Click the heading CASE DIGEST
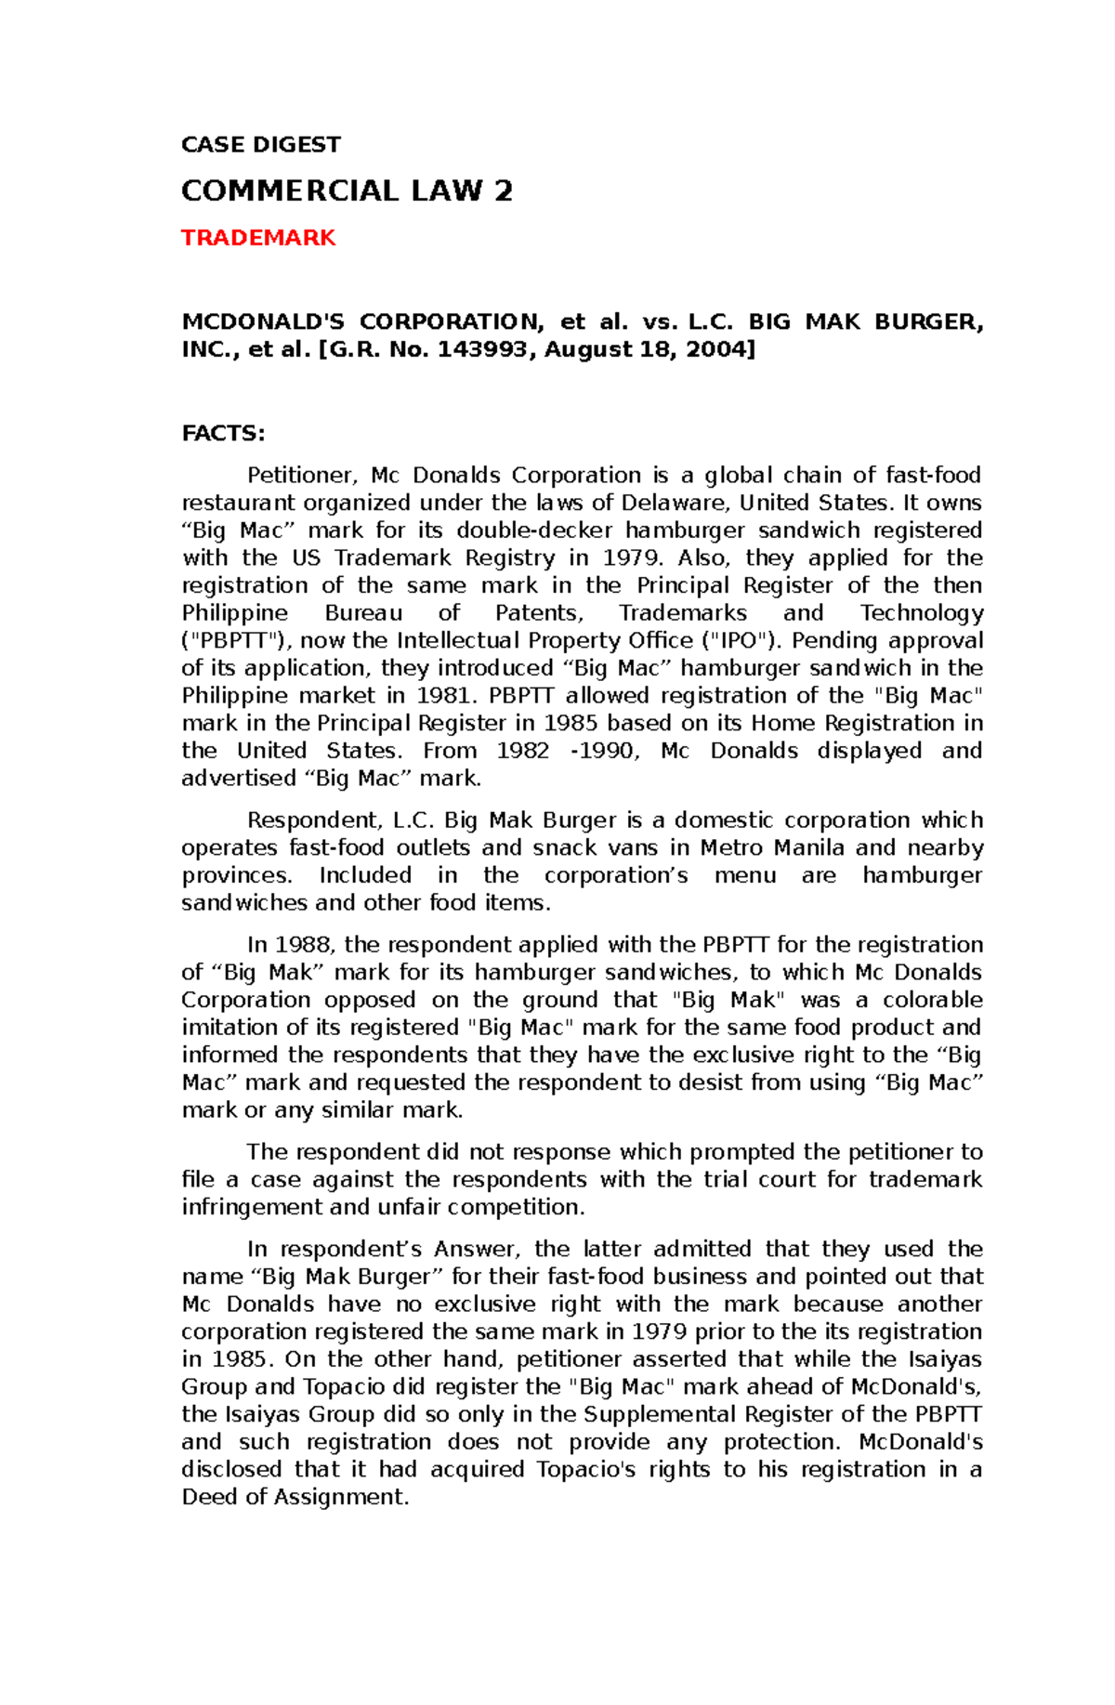[260, 145]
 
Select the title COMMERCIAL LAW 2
[347, 191]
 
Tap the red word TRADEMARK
[257, 238]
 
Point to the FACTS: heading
[223, 434]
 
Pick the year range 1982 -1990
[568, 751]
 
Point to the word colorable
[932, 1000]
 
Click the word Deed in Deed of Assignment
[210, 1497]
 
